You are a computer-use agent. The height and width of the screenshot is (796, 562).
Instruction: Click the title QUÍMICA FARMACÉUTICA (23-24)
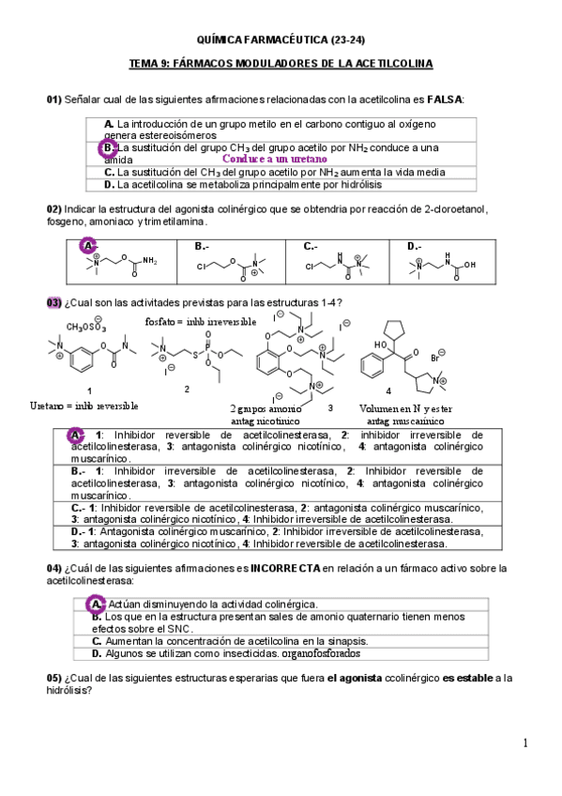click(281, 38)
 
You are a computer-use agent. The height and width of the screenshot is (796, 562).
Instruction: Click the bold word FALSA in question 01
click(445, 99)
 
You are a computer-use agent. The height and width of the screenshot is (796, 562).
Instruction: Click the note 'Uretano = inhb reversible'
click(85, 406)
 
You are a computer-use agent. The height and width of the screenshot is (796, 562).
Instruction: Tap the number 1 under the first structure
click(88, 390)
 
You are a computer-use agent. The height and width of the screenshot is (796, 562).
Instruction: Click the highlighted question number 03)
click(53, 302)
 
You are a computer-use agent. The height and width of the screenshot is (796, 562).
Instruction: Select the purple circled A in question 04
click(96, 604)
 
